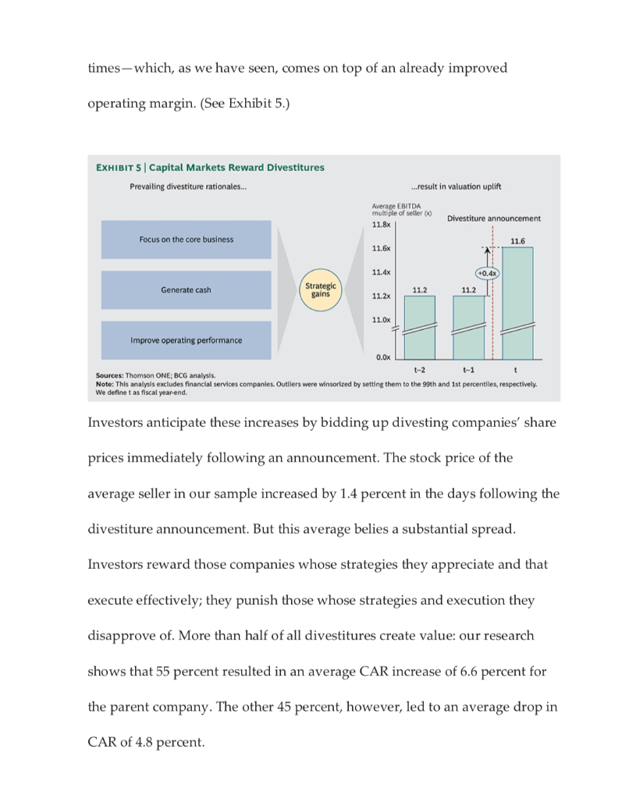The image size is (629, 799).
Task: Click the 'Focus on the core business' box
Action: (186, 239)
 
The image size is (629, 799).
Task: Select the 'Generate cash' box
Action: (186, 290)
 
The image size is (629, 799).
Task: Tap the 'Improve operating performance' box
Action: (186, 340)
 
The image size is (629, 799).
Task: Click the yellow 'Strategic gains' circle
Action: (320, 290)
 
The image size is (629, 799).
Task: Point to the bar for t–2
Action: (419, 328)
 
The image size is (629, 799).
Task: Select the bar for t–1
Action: (468, 328)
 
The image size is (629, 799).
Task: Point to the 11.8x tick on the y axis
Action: (381, 224)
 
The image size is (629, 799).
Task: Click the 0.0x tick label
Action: (382, 357)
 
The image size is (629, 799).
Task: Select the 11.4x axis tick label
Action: (381, 272)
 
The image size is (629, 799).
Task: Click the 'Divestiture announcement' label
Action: (493, 218)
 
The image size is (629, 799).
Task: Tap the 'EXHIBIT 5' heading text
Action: (119, 167)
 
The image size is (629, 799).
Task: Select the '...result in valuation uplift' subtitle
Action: (456, 186)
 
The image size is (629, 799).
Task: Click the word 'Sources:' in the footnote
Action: (111, 376)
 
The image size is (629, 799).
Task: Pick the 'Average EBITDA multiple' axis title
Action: (400, 209)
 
